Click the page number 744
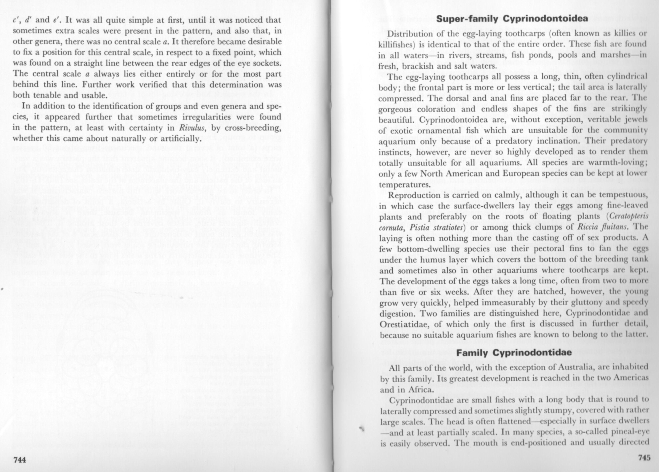(19, 460)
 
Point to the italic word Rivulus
(192, 128)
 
